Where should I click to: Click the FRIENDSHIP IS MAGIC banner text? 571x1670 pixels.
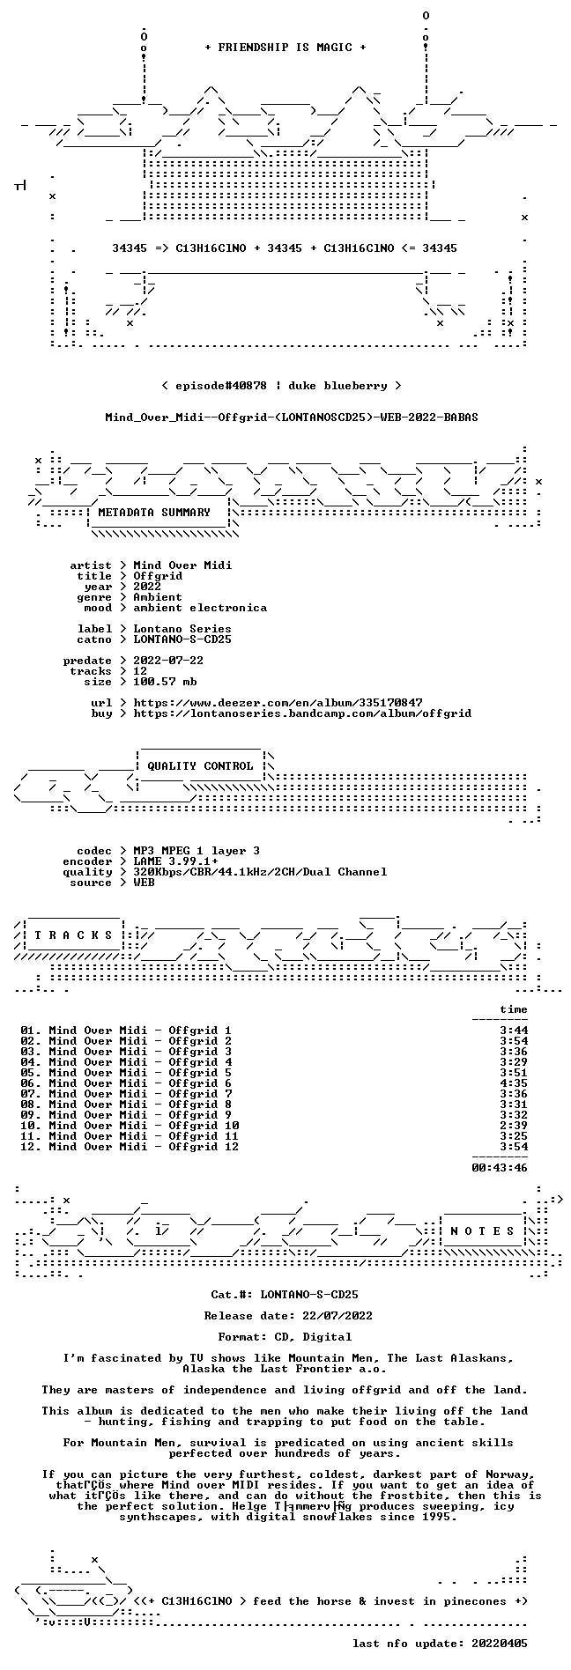[285, 48]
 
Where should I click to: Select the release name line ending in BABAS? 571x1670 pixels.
[292, 417]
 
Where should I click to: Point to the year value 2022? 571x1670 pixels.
[147, 586]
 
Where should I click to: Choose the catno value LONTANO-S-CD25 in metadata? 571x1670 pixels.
[182, 639]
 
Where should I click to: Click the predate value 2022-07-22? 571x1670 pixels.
[168, 660]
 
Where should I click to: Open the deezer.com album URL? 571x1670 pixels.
[278, 702]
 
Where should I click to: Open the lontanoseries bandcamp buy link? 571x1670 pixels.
[302, 713]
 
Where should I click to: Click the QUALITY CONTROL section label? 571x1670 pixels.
[200, 765]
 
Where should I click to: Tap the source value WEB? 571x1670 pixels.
[144, 882]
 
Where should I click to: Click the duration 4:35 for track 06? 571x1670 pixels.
[514, 1083]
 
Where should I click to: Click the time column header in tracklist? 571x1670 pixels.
[514, 1009]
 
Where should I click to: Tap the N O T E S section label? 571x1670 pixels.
[482, 1230]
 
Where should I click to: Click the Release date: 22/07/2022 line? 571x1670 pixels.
[288, 1315]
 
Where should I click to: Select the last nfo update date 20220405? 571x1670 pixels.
[500, 1643]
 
